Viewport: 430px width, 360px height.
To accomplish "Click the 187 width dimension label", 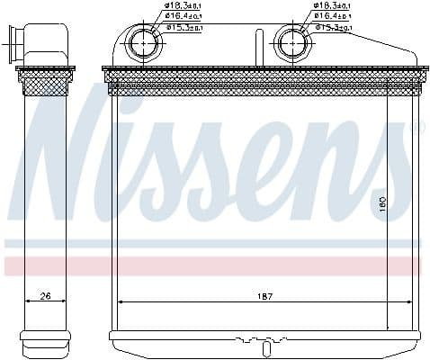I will click(x=264, y=296).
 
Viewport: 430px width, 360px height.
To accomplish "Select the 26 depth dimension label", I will click(x=44, y=296).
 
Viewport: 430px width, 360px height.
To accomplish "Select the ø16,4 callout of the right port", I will click(x=331, y=17).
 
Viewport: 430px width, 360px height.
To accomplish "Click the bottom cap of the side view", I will click(x=46, y=340).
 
